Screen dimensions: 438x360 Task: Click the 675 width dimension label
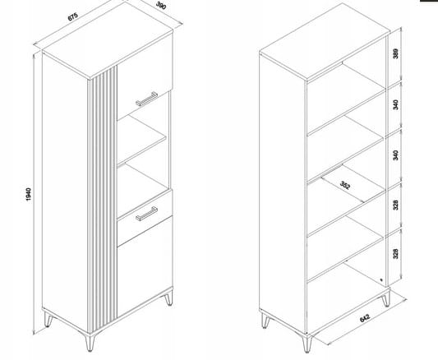click(73, 16)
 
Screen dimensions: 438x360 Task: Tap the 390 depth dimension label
click(161, 5)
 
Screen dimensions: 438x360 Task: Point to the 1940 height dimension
click(29, 195)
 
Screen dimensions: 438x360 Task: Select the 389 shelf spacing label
click(395, 53)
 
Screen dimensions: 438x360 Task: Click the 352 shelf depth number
click(345, 185)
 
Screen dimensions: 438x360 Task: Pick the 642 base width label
click(365, 318)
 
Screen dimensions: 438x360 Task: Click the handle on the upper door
click(146, 99)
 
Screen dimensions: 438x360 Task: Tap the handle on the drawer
click(146, 214)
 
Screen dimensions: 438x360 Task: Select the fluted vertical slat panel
click(103, 198)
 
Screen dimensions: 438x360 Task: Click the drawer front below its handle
click(145, 230)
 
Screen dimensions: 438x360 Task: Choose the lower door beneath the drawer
click(145, 267)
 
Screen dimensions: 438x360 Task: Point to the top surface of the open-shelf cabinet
click(324, 42)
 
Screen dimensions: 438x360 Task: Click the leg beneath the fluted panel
click(90, 340)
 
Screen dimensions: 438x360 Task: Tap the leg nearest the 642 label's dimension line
click(307, 343)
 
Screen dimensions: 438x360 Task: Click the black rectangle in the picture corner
click(429, 1)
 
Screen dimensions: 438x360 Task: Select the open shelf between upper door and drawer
click(141, 140)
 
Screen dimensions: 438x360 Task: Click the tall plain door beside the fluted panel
click(65, 192)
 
